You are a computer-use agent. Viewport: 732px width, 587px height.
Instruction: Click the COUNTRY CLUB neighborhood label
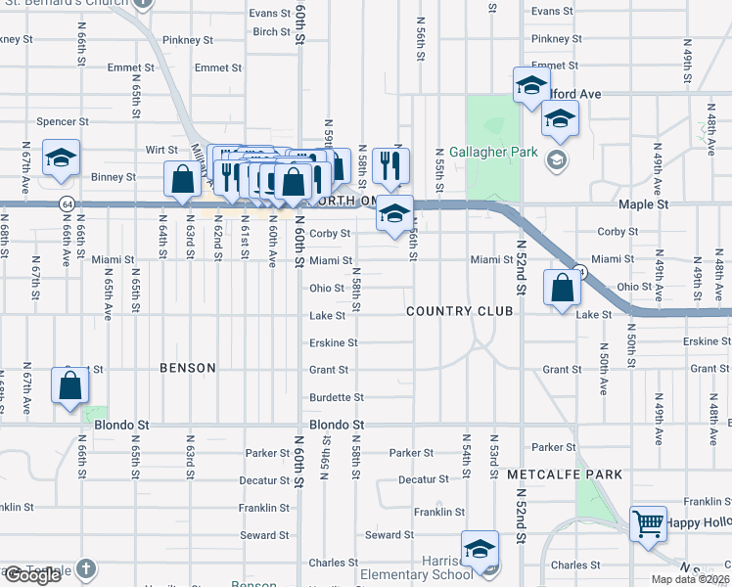click(x=460, y=311)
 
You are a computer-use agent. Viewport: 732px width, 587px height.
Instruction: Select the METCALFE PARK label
click(x=565, y=474)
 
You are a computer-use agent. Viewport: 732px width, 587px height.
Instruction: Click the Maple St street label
click(x=643, y=205)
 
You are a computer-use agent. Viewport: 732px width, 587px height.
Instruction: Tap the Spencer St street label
click(x=63, y=122)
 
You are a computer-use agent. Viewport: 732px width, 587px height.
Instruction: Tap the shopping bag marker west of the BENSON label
click(x=71, y=385)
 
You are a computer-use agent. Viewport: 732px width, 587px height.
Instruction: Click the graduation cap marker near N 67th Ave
click(x=61, y=159)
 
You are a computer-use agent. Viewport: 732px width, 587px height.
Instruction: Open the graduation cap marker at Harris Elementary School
click(x=480, y=550)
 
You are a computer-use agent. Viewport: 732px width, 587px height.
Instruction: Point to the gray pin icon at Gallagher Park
click(x=557, y=158)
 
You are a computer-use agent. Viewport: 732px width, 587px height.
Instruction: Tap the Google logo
click(x=32, y=575)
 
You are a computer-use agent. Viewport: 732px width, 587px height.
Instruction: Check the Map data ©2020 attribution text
click(x=690, y=579)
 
